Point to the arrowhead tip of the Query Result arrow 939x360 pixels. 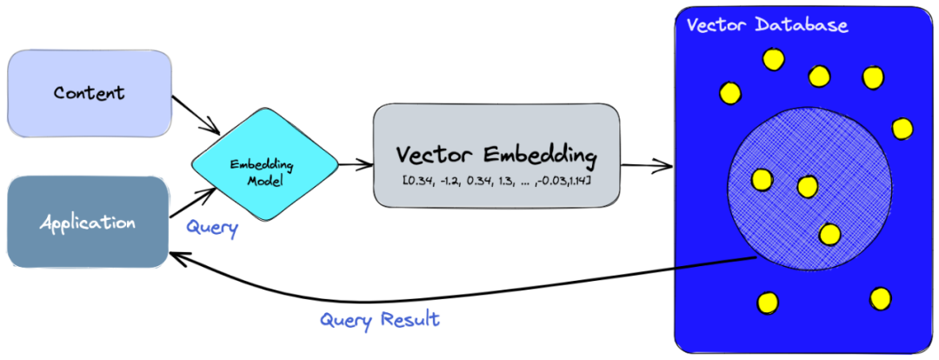tap(170, 253)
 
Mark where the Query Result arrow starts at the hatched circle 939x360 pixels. tap(756, 257)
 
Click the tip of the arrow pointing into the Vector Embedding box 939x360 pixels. tap(372, 163)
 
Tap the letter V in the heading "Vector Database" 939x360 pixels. tap(694, 26)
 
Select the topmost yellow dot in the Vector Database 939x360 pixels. tap(773, 59)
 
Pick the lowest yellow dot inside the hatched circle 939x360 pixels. tap(829, 234)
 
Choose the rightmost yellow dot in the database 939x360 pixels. tap(902, 128)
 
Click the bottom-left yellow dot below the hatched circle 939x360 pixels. tap(768, 302)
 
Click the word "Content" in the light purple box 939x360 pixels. tap(90, 93)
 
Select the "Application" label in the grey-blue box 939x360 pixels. tap(88, 223)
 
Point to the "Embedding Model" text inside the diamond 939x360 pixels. tap(263, 172)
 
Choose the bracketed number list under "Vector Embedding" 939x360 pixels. tap(497, 180)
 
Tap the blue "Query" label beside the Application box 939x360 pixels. tap(212, 228)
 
